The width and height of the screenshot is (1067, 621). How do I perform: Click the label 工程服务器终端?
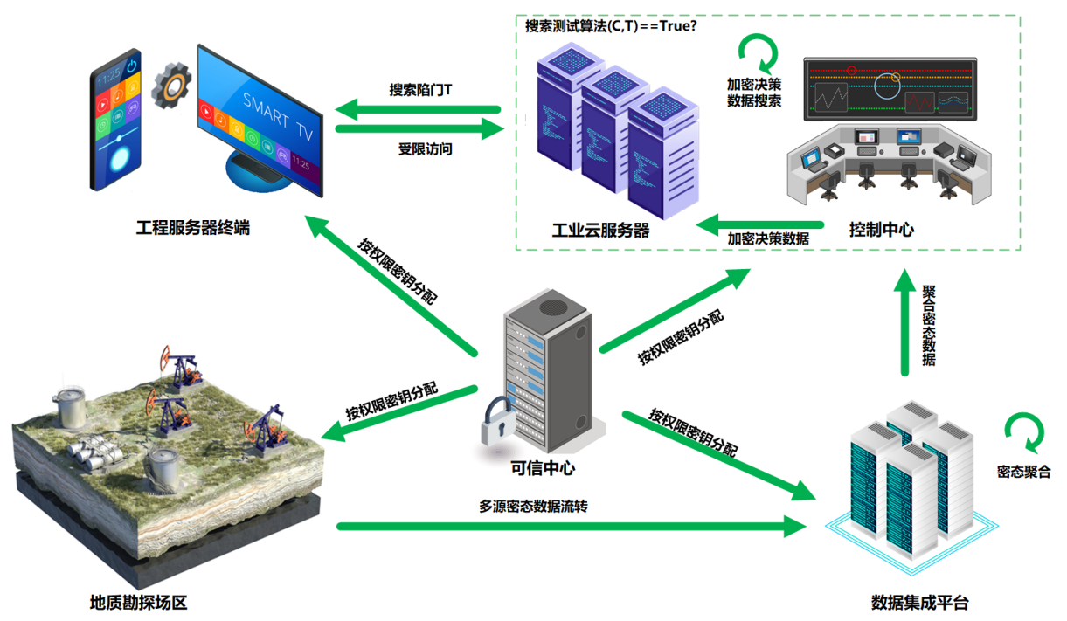pos(192,229)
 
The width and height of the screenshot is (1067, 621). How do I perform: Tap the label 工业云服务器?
pos(600,231)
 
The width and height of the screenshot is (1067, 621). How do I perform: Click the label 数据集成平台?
pos(919,603)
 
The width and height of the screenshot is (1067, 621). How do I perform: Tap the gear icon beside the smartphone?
pos(170,86)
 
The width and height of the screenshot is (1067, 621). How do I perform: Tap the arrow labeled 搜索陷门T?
pos(419,109)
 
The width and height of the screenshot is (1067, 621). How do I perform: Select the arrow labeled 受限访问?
pos(419,129)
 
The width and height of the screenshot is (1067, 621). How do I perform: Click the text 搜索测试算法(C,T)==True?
pos(611,25)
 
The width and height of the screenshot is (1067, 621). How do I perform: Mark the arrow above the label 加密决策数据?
pos(759,223)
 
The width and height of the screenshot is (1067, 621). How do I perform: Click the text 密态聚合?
pos(1024,472)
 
